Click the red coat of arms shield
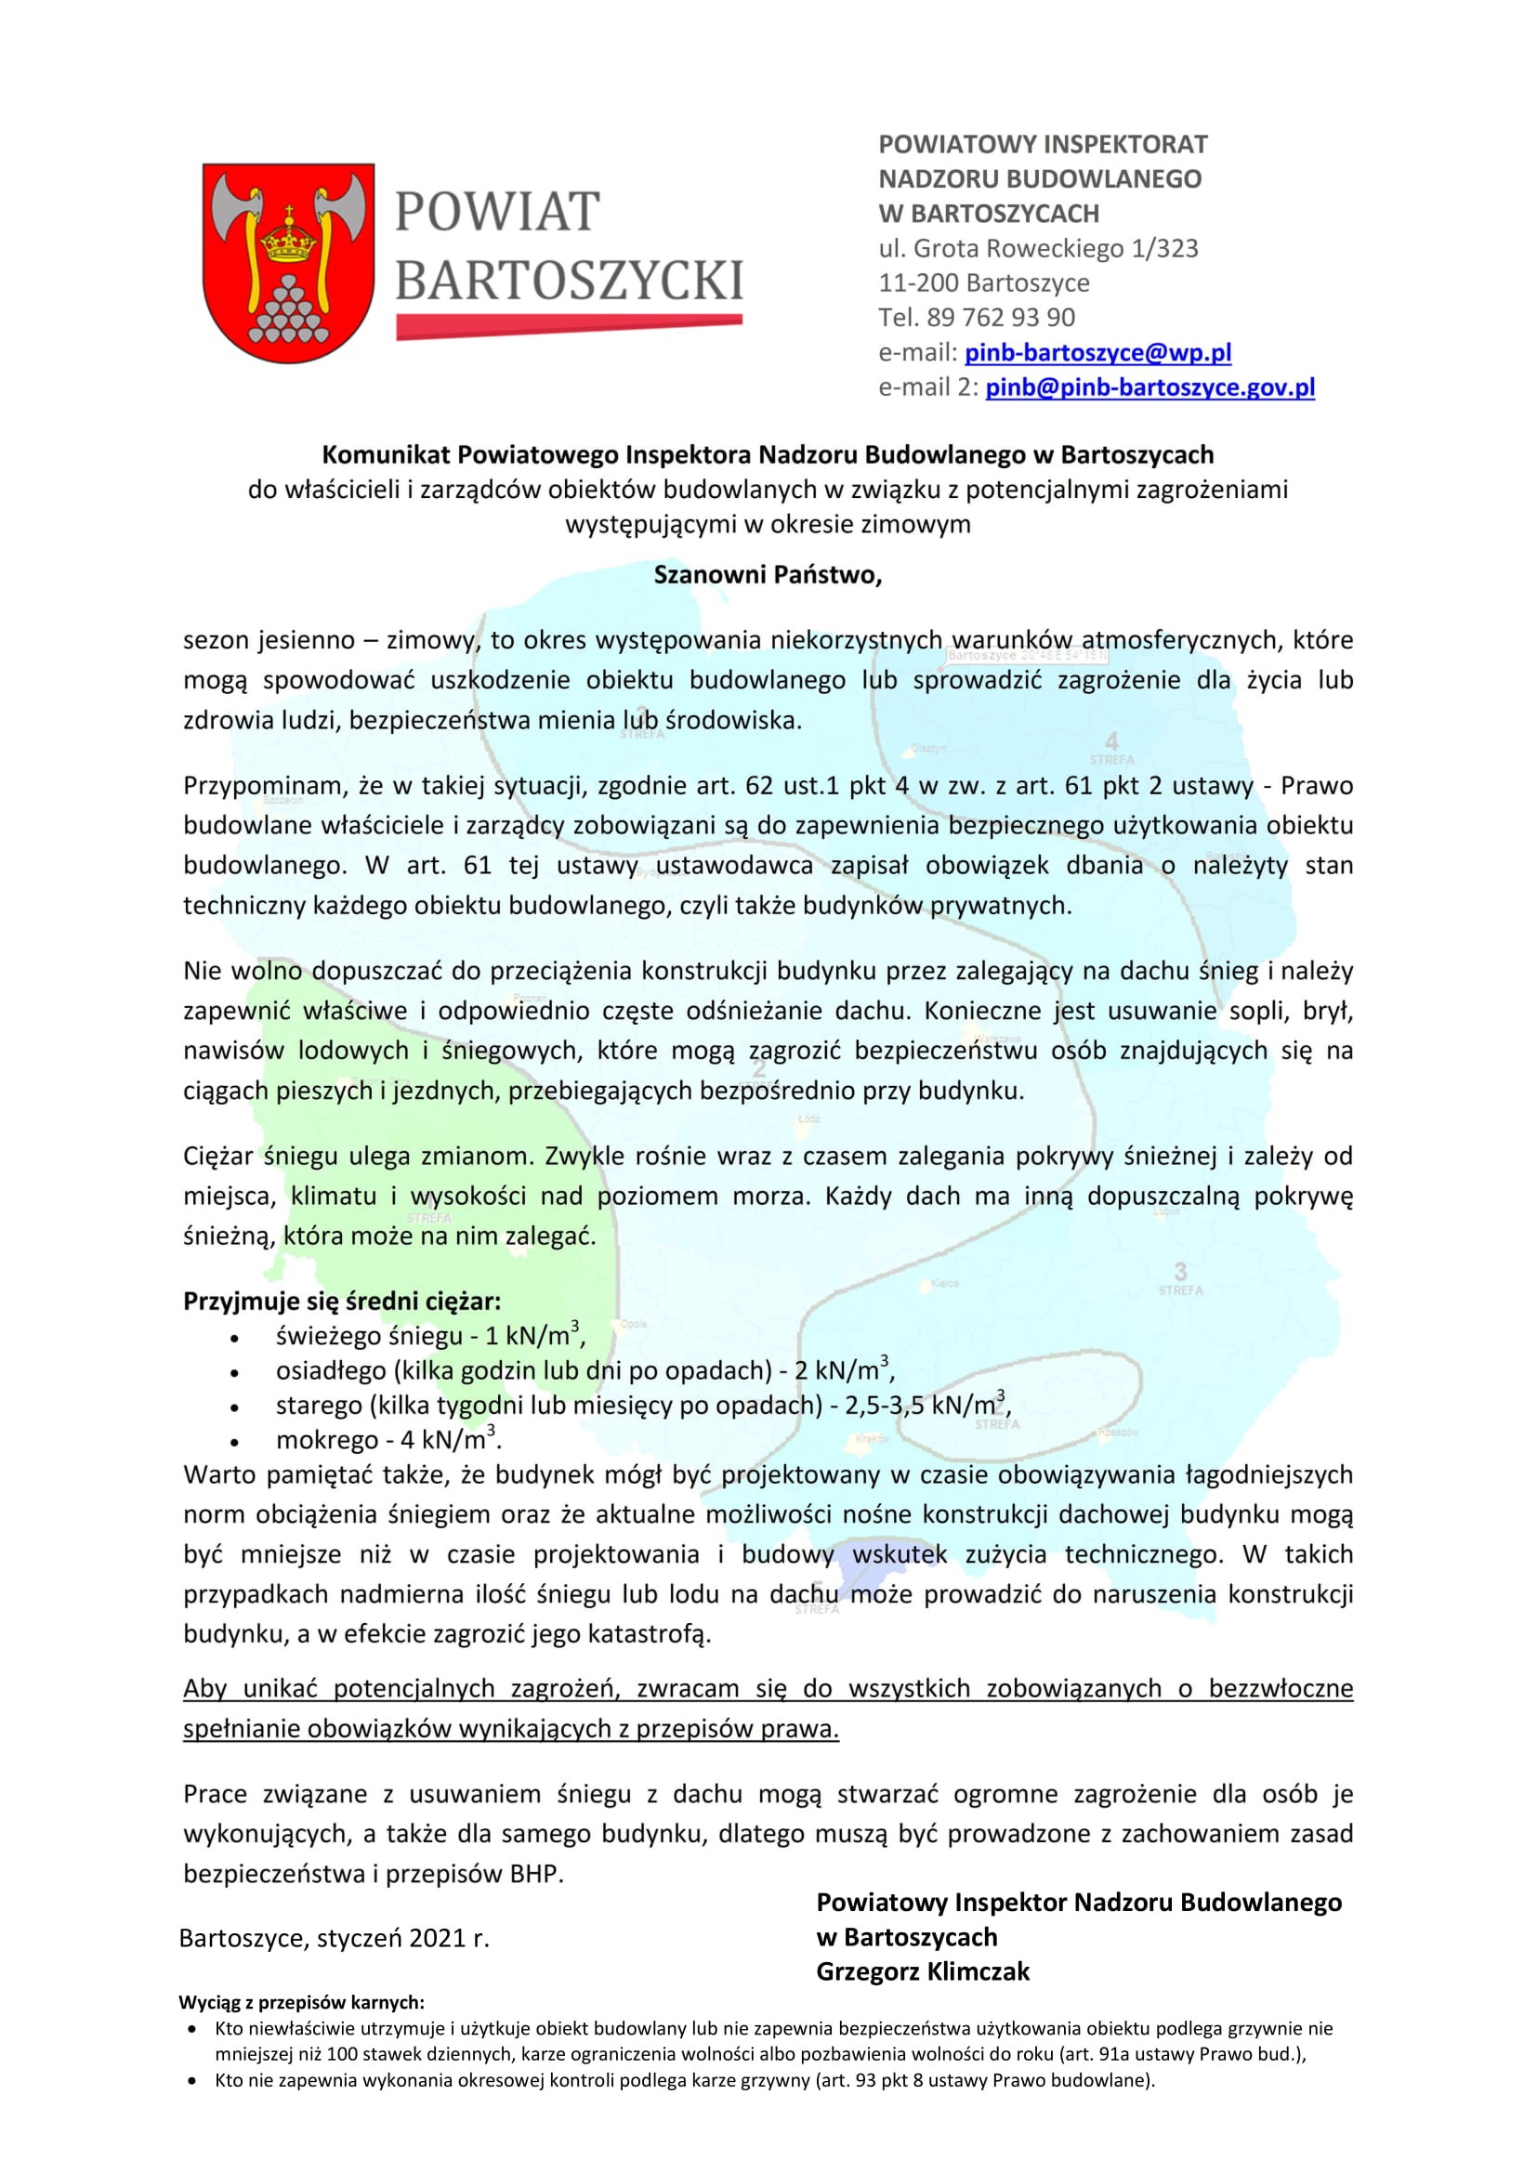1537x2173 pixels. [x=288, y=262]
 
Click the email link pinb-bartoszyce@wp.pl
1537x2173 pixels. [x=1097, y=353]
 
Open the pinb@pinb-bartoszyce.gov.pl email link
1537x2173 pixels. [x=1149, y=387]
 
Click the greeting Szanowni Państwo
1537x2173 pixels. [x=768, y=574]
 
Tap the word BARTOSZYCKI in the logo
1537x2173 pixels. [x=568, y=281]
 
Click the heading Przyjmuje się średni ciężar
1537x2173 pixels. [x=342, y=1302]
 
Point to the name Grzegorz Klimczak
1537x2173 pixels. [x=922, y=1971]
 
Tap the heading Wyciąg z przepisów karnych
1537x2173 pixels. [x=301, y=2002]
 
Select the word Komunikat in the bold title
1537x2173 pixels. [x=386, y=455]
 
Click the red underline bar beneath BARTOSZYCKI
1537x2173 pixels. [x=568, y=326]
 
